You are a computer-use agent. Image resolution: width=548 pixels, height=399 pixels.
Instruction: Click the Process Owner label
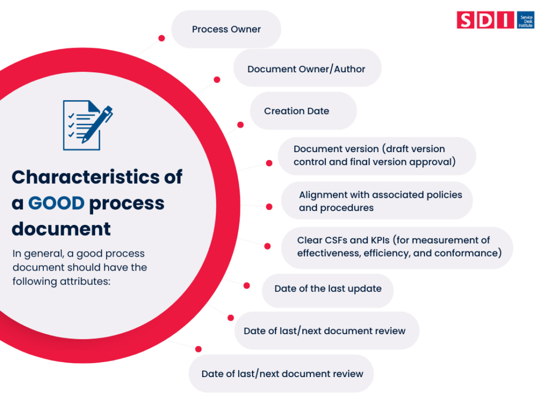226,29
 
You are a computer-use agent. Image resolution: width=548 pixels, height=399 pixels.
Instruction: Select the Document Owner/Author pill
306,69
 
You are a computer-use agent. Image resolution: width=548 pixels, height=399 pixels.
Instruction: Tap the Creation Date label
296,111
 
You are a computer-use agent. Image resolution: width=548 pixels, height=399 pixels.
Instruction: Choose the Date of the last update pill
328,289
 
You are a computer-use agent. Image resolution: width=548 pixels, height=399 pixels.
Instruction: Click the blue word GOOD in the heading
56,203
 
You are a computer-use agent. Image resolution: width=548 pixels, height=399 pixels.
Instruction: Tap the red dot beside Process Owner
162,39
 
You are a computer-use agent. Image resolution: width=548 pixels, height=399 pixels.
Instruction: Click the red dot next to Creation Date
240,125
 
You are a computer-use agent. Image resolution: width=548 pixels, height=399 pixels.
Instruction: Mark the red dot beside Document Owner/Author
217,80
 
